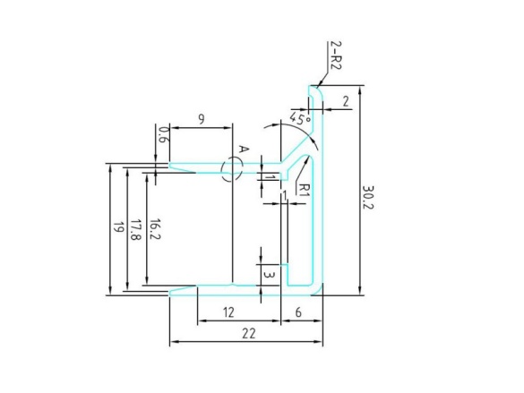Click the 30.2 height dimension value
point(367,197)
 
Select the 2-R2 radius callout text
point(336,55)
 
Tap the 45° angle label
point(300,118)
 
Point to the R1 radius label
point(302,189)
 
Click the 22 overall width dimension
point(248,333)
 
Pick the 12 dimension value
point(228,312)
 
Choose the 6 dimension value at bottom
point(298,312)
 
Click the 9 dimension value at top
point(202,119)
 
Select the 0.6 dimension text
point(164,134)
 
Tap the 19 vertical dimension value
point(118,227)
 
